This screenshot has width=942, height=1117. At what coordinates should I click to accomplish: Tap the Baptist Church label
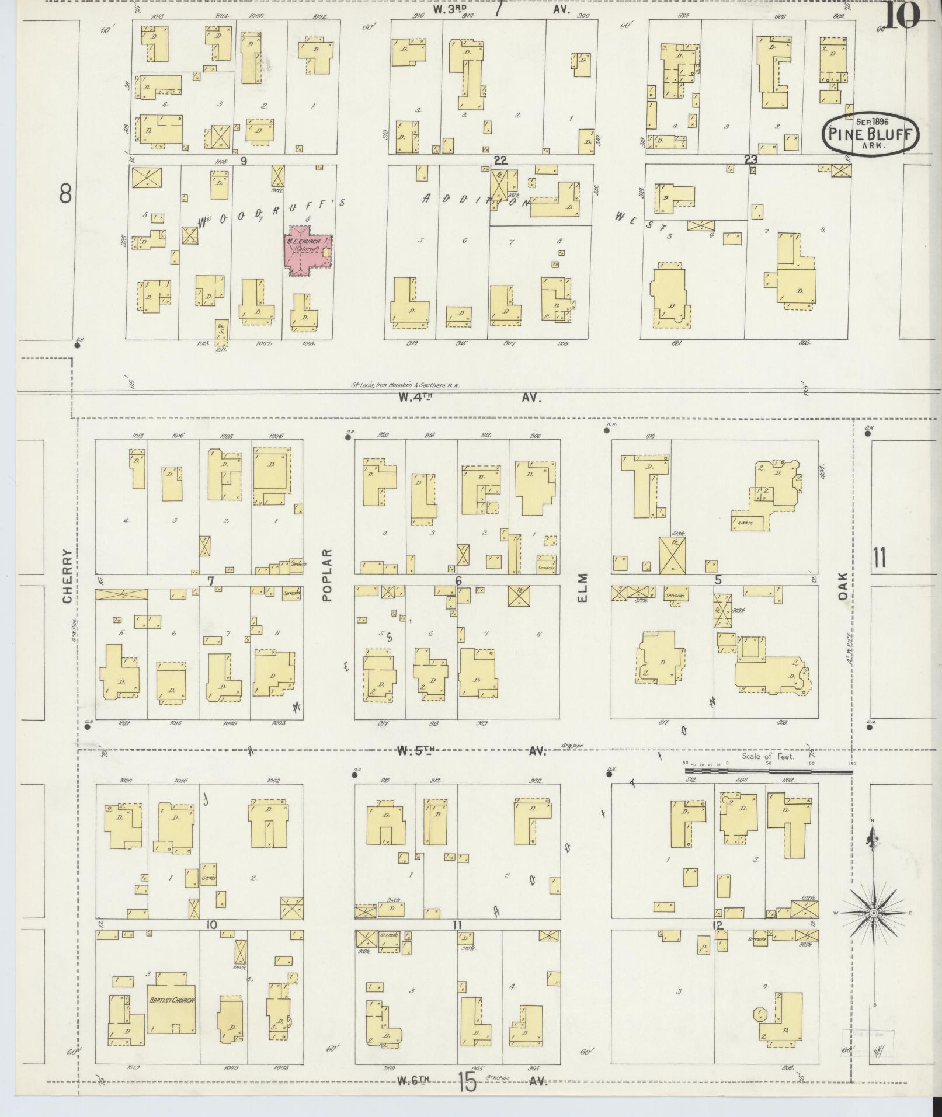pos(171,1000)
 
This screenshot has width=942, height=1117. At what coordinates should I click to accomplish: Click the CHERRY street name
pos(67,576)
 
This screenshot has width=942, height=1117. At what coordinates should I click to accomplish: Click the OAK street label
pos(842,586)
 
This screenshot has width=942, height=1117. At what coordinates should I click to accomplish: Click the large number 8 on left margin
pos(65,193)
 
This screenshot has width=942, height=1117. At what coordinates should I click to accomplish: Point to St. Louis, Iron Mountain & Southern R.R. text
pos(405,385)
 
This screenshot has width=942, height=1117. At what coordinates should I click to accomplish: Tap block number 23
pos(750,159)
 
